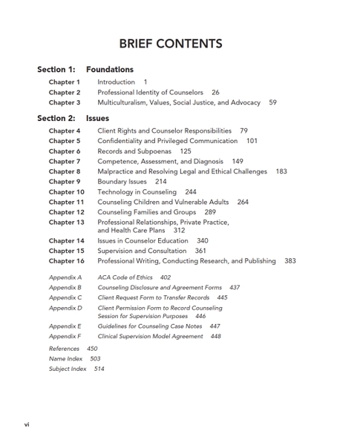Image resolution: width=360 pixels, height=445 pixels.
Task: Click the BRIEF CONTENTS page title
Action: [x=170, y=43]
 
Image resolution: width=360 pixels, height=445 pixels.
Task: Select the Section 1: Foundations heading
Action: [x=85, y=70]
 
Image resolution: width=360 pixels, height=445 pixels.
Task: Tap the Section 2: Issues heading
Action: [x=73, y=118]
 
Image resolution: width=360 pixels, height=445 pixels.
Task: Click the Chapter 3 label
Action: [x=65, y=102]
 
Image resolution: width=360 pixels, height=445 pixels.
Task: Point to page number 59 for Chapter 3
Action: [x=272, y=102]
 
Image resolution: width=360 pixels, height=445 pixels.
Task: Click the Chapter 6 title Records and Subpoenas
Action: [x=134, y=151]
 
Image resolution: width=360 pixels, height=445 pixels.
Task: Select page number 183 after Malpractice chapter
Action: [x=281, y=171]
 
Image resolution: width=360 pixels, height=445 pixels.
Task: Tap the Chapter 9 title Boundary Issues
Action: [x=122, y=182]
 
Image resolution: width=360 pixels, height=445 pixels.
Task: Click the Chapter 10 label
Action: [x=66, y=191]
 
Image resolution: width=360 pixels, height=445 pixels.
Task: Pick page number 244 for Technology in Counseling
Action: [x=191, y=191]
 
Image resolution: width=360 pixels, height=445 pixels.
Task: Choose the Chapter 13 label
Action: [x=66, y=222]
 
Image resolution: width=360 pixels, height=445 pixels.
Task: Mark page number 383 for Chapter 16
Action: [x=289, y=261]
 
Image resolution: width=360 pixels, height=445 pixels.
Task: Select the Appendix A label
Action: [x=65, y=277]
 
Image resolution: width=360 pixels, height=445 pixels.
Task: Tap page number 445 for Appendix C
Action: [x=222, y=297]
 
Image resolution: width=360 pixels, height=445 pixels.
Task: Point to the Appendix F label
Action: [x=65, y=336]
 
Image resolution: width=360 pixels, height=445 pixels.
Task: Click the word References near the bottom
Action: [x=65, y=349]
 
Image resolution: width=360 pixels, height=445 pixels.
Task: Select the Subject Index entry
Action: [x=68, y=369]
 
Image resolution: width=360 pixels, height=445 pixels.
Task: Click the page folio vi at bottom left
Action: [x=27, y=424]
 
